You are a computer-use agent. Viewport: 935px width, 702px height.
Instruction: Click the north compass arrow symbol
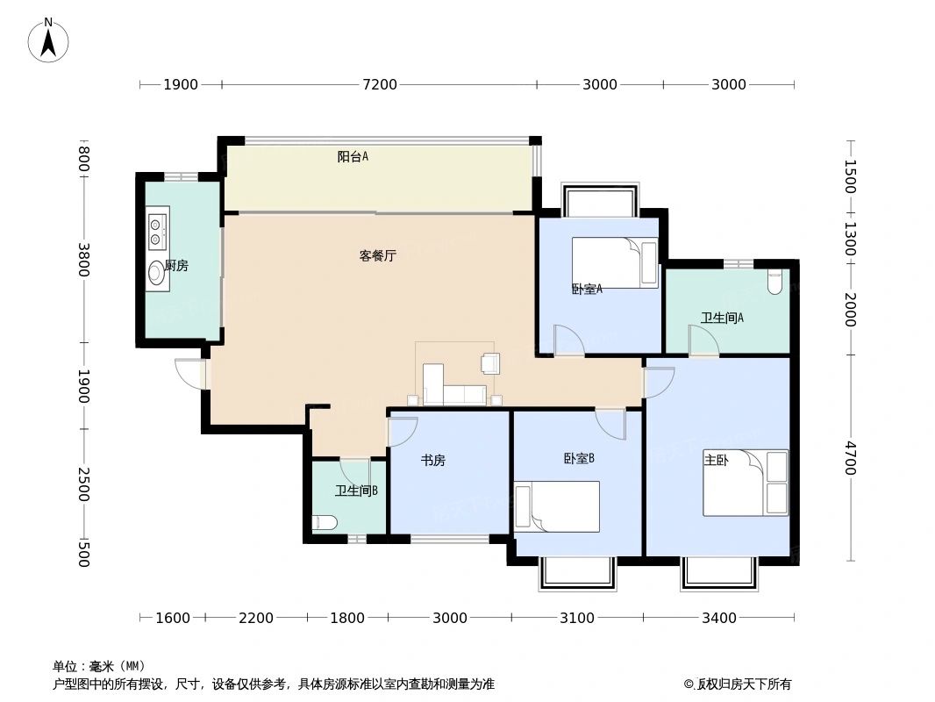pyautogui.click(x=49, y=39)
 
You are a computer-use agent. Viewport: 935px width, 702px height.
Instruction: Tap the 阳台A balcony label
pyautogui.click(x=353, y=157)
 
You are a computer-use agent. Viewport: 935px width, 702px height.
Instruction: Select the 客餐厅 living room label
pyautogui.click(x=378, y=256)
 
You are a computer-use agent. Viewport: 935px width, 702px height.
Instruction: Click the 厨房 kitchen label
pyautogui.click(x=176, y=266)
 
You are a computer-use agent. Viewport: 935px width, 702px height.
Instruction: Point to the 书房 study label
pyautogui.click(x=433, y=460)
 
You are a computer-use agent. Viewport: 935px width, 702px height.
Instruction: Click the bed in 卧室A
pyautogui.click(x=615, y=262)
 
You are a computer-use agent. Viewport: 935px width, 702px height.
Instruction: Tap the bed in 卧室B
pyautogui.click(x=557, y=506)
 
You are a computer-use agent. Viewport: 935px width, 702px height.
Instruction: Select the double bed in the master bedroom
pyautogui.click(x=746, y=483)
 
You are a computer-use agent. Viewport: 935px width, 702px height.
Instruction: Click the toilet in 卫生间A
pyautogui.click(x=774, y=283)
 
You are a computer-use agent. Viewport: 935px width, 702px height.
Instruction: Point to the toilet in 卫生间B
pyautogui.click(x=324, y=524)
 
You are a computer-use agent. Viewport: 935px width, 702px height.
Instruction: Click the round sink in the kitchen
pyautogui.click(x=157, y=272)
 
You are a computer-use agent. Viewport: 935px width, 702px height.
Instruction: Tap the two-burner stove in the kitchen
pyautogui.click(x=157, y=229)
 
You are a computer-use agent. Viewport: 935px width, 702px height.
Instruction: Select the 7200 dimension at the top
pyautogui.click(x=380, y=85)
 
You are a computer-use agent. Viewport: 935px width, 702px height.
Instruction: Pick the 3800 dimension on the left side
pyautogui.click(x=84, y=260)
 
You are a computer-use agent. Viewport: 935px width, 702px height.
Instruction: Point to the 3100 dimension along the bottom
pyautogui.click(x=577, y=619)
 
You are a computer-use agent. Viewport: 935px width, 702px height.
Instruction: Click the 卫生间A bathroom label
pyautogui.click(x=722, y=318)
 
